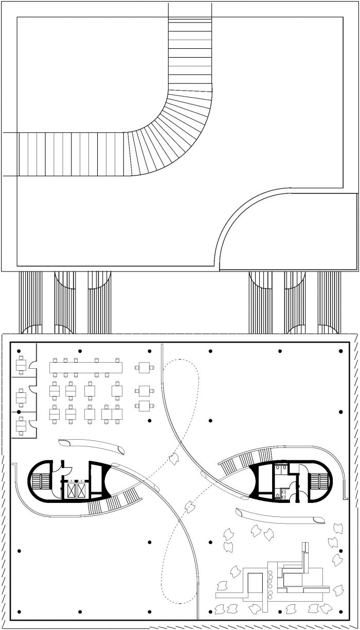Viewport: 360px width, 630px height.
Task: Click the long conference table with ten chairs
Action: tap(86, 367)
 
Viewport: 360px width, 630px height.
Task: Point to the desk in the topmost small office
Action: tap(21, 366)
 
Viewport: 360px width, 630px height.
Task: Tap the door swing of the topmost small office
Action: tap(32, 365)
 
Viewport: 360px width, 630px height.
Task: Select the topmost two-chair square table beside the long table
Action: tap(144, 367)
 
